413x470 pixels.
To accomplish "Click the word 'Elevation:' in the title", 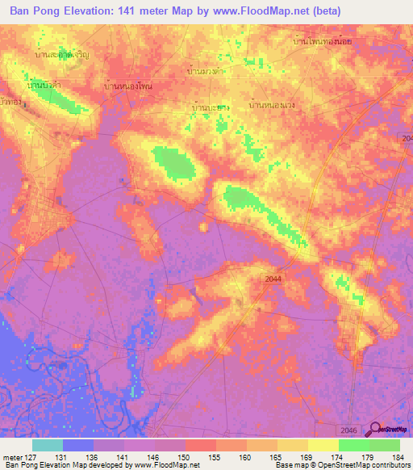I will click(93, 11).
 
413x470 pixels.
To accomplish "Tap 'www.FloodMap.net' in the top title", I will click(262, 11).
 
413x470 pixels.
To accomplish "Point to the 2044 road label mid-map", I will click(273, 279).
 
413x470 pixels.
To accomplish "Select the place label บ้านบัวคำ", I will click(45, 84).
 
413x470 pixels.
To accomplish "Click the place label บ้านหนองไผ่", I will click(129, 86).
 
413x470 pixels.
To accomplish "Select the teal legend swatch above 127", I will click(48, 445).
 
